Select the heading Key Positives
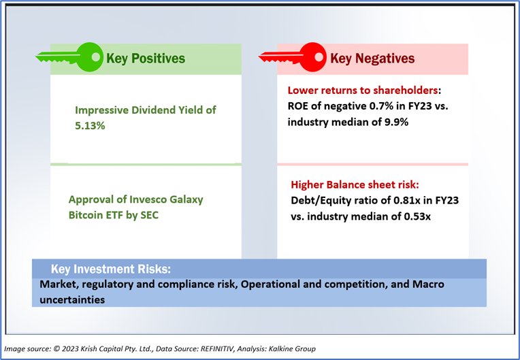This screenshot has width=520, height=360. [x=145, y=59]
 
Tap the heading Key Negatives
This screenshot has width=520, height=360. [x=372, y=59]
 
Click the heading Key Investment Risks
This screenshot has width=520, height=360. [x=110, y=269]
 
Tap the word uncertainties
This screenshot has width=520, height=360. [x=72, y=299]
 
